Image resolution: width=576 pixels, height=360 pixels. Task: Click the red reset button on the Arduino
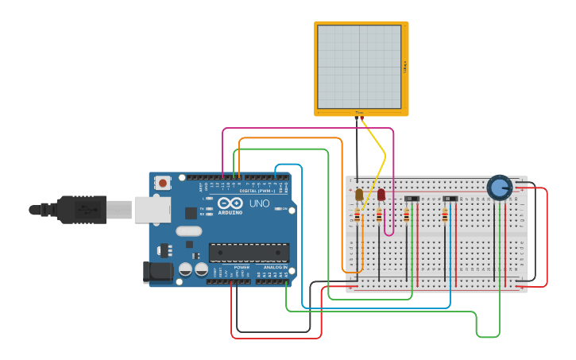(163, 183)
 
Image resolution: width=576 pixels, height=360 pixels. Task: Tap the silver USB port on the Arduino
(152, 210)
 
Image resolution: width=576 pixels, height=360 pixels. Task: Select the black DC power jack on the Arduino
(157, 272)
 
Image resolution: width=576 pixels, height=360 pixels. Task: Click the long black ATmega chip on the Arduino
(249, 253)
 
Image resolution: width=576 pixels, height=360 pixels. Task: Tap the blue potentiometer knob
(499, 188)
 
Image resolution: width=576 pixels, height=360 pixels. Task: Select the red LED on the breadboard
(381, 194)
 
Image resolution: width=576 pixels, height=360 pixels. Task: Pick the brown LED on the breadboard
(359, 194)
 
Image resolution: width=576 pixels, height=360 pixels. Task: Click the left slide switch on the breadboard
(412, 199)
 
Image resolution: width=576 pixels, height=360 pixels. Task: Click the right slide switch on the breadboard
(450, 199)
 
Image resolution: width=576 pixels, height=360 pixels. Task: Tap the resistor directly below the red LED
(379, 215)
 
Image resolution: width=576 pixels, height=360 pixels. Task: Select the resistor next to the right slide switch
(444, 215)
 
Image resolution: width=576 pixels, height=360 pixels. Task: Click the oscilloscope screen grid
(359, 67)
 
